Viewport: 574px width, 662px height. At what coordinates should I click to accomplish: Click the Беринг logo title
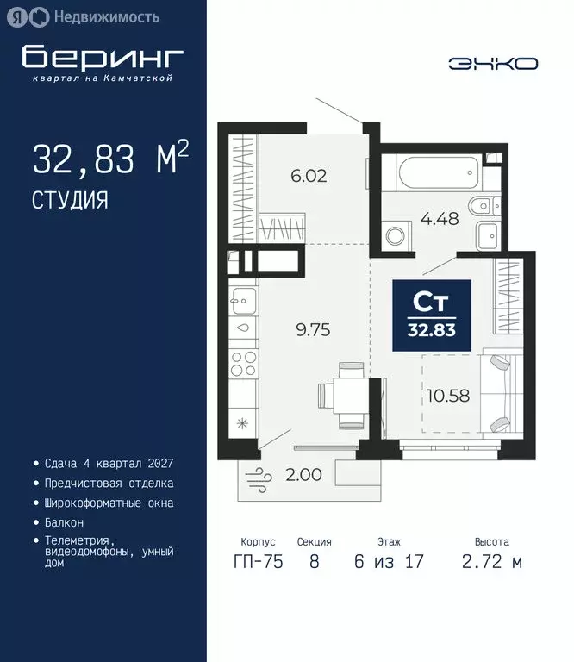103,58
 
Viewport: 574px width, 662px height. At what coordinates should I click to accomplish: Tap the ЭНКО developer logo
493,63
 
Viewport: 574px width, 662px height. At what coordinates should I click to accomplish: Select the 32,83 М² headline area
109,159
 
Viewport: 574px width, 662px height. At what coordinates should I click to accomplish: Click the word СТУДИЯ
70,200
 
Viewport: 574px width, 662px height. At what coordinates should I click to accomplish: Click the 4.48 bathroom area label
439,217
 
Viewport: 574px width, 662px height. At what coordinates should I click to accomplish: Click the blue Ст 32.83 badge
432,315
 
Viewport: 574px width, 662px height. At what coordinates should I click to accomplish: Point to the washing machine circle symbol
396,235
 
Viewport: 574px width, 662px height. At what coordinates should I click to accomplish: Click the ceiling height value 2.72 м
491,562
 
